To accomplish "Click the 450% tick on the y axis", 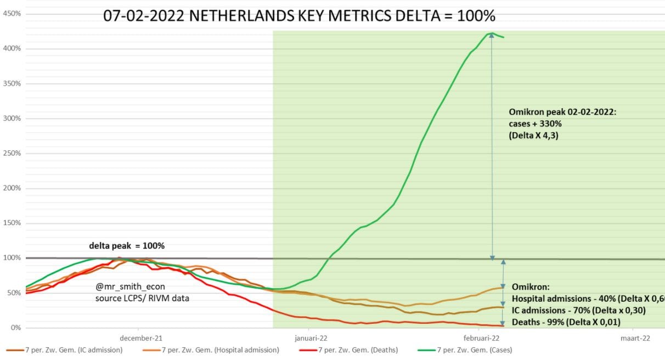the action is point(12,14).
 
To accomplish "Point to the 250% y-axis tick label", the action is point(12,153).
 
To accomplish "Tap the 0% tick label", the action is point(16,328).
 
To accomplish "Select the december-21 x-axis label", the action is point(141,338).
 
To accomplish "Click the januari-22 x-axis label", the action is point(311,338).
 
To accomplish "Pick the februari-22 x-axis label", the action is point(481,338).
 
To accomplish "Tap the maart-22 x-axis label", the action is point(635,338).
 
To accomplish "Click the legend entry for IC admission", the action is point(64,350).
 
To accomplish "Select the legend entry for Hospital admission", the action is point(211,350).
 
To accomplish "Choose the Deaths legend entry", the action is point(348,350).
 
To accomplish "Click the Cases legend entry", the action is point(465,350).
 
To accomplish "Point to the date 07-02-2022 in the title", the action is point(144,16).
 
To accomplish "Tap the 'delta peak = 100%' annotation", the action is point(127,246).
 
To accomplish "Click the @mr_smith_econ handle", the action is point(130,286).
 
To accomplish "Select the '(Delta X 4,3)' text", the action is point(533,136).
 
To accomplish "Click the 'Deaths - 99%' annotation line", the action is point(566,322).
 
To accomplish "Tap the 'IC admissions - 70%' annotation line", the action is point(579,311).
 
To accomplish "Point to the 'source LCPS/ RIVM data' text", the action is point(142,298).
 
